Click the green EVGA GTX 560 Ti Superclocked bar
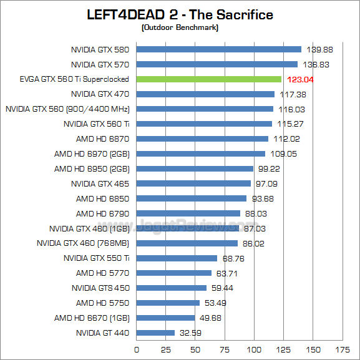(209, 79)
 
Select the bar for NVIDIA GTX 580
(219, 49)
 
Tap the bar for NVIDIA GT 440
(155, 333)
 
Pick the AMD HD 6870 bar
(202, 139)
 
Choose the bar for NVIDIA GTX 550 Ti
(177, 258)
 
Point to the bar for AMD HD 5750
(168, 303)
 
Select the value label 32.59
(190, 333)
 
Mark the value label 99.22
(268, 168)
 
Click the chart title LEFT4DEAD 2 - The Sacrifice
(180, 14)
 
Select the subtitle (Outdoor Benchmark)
(180, 27)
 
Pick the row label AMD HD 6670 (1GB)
(92, 318)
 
